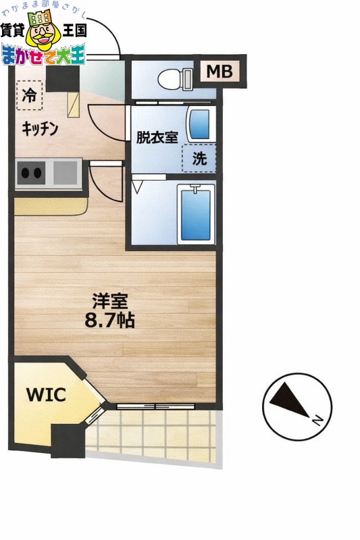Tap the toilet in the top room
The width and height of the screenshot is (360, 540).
174,80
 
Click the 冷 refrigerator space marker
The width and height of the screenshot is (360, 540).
28,96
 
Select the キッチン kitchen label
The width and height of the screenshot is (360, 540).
40,128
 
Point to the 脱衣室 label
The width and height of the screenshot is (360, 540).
157,138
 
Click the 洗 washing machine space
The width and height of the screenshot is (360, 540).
199,159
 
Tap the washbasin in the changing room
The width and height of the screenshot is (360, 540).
199,124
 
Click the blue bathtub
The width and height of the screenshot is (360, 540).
196,215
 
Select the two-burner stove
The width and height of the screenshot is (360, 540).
31,173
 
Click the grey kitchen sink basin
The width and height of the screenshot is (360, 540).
66,173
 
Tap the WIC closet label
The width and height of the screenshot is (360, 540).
46,395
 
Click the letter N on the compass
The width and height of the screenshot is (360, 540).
317,420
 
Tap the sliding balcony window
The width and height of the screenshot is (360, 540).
155,406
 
